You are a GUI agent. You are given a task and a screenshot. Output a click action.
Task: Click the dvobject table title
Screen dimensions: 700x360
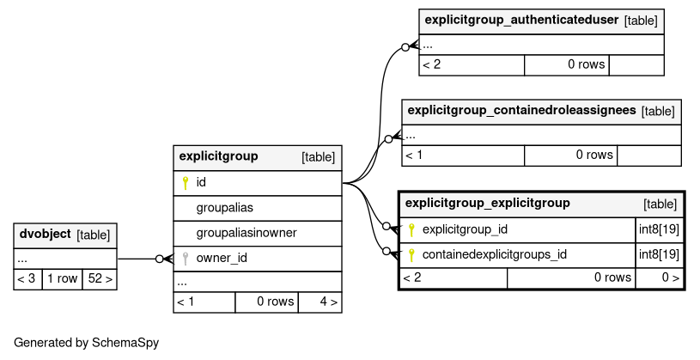point(45,234)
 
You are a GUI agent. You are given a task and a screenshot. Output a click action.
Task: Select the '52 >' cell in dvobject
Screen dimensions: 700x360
point(100,278)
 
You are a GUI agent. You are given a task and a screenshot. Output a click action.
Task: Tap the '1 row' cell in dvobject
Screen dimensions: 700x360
point(62,278)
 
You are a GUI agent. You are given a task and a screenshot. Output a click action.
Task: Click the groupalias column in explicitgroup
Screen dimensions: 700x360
point(224,208)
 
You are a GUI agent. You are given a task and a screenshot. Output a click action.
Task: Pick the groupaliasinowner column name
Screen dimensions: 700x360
point(247,233)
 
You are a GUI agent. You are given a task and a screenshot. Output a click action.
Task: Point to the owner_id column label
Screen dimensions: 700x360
point(222,258)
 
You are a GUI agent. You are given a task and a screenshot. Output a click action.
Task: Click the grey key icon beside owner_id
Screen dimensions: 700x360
point(186,258)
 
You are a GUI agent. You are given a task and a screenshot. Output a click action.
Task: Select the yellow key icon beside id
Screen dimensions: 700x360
point(186,183)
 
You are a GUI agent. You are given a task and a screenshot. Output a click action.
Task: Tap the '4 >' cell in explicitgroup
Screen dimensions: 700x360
point(320,302)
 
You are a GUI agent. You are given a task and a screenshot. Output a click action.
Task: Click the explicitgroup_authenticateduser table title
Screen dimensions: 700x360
point(521,20)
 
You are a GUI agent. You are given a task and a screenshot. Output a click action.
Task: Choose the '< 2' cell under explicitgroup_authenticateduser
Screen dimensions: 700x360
point(472,64)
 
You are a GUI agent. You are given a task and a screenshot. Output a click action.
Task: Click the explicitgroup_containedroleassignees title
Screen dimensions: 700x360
point(521,110)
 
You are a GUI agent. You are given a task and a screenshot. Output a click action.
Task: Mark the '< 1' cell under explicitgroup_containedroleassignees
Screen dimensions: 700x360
point(463,156)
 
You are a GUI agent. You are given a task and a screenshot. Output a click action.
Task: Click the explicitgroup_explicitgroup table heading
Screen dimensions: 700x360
point(488,204)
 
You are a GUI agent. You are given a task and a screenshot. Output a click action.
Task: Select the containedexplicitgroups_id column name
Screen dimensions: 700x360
point(495,254)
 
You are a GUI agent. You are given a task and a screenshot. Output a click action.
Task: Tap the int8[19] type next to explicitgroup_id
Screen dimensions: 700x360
point(659,229)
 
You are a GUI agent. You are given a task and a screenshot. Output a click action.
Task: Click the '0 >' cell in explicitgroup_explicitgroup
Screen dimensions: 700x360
point(660,278)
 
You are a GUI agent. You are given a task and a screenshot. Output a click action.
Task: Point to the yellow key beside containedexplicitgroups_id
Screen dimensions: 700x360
point(411,255)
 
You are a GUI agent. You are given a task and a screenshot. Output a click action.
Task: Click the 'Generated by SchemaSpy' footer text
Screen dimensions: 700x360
point(86,343)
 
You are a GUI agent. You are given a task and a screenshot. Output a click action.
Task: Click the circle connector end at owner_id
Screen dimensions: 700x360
point(160,259)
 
